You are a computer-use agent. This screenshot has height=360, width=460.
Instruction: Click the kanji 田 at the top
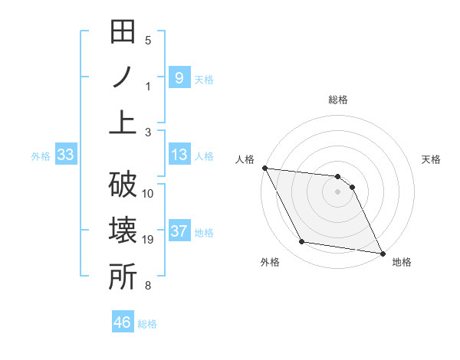click(123, 34)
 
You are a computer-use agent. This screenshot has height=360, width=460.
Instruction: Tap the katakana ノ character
click(123, 78)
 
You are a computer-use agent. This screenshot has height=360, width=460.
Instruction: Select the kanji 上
click(123, 123)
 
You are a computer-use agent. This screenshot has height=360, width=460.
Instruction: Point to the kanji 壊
click(123, 231)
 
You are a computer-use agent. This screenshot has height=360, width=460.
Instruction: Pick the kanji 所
click(123, 277)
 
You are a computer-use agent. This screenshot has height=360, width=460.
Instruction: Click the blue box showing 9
click(179, 77)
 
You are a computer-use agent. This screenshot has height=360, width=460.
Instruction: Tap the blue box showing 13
click(179, 155)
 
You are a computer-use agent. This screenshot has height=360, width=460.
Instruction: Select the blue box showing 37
click(179, 232)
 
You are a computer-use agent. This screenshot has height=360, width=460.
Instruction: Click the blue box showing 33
click(66, 155)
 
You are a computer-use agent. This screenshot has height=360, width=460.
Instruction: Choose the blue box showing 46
click(122, 322)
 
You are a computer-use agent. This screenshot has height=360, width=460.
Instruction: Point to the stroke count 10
click(148, 193)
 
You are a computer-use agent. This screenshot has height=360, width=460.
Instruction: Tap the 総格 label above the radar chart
click(338, 100)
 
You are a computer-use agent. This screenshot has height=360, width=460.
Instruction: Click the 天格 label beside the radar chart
click(432, 159)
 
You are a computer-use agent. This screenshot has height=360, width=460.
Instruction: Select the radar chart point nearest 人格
click(264, 168)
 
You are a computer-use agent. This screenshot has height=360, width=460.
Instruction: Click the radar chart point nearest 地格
click(382, 253)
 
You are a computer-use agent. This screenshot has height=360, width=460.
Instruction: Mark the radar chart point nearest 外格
click(302, 243)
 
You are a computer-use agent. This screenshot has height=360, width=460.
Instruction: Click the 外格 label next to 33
click(41, 156)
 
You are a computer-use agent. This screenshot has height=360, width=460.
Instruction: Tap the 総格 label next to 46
click(147, 323)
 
